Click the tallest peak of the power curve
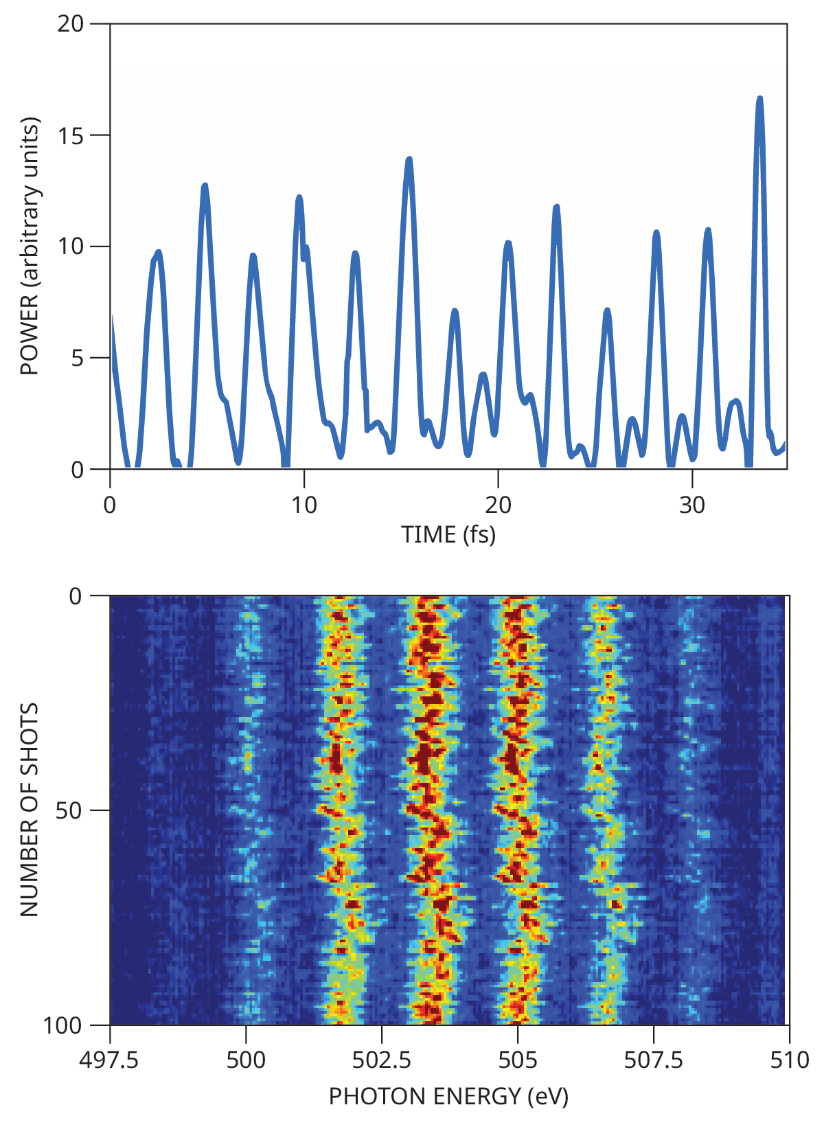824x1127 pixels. pyautogui.click(x=759, y=99)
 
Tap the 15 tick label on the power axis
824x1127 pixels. pyautogui.click(x=71, y=135)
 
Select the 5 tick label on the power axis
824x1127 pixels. pyautogui.click(x=77, y=358)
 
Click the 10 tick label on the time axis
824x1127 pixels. pyautogui.click(x=304, y=505)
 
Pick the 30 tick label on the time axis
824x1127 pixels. pyautogui.click(x=691, y=505)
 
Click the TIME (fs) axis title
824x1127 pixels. pyautogui.click(x=448, y=534)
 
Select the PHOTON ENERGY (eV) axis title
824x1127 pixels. pyautogui.click(x=448, y=1096)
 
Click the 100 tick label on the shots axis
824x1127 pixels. pyautogui.click(x=62, y=1025)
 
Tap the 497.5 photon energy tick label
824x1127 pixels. pyautogui.click(x=109, y=1060)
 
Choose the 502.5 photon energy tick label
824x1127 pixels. pyautogui.click(x=381, y=1060)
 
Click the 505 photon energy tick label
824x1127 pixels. pyautogui.click(x=517, y=1060)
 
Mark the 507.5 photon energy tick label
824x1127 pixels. pyautogui.click(x=653, y=1060)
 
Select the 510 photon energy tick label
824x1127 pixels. pyautogui.click(x=789, y=1060)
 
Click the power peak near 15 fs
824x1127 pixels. pyautogui.click(x=409, y=159)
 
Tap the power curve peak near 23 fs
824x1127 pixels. pyautogui.click(x=556, y=207)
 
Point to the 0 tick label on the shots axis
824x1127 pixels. pyautogui.click(x=76, y=596)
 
